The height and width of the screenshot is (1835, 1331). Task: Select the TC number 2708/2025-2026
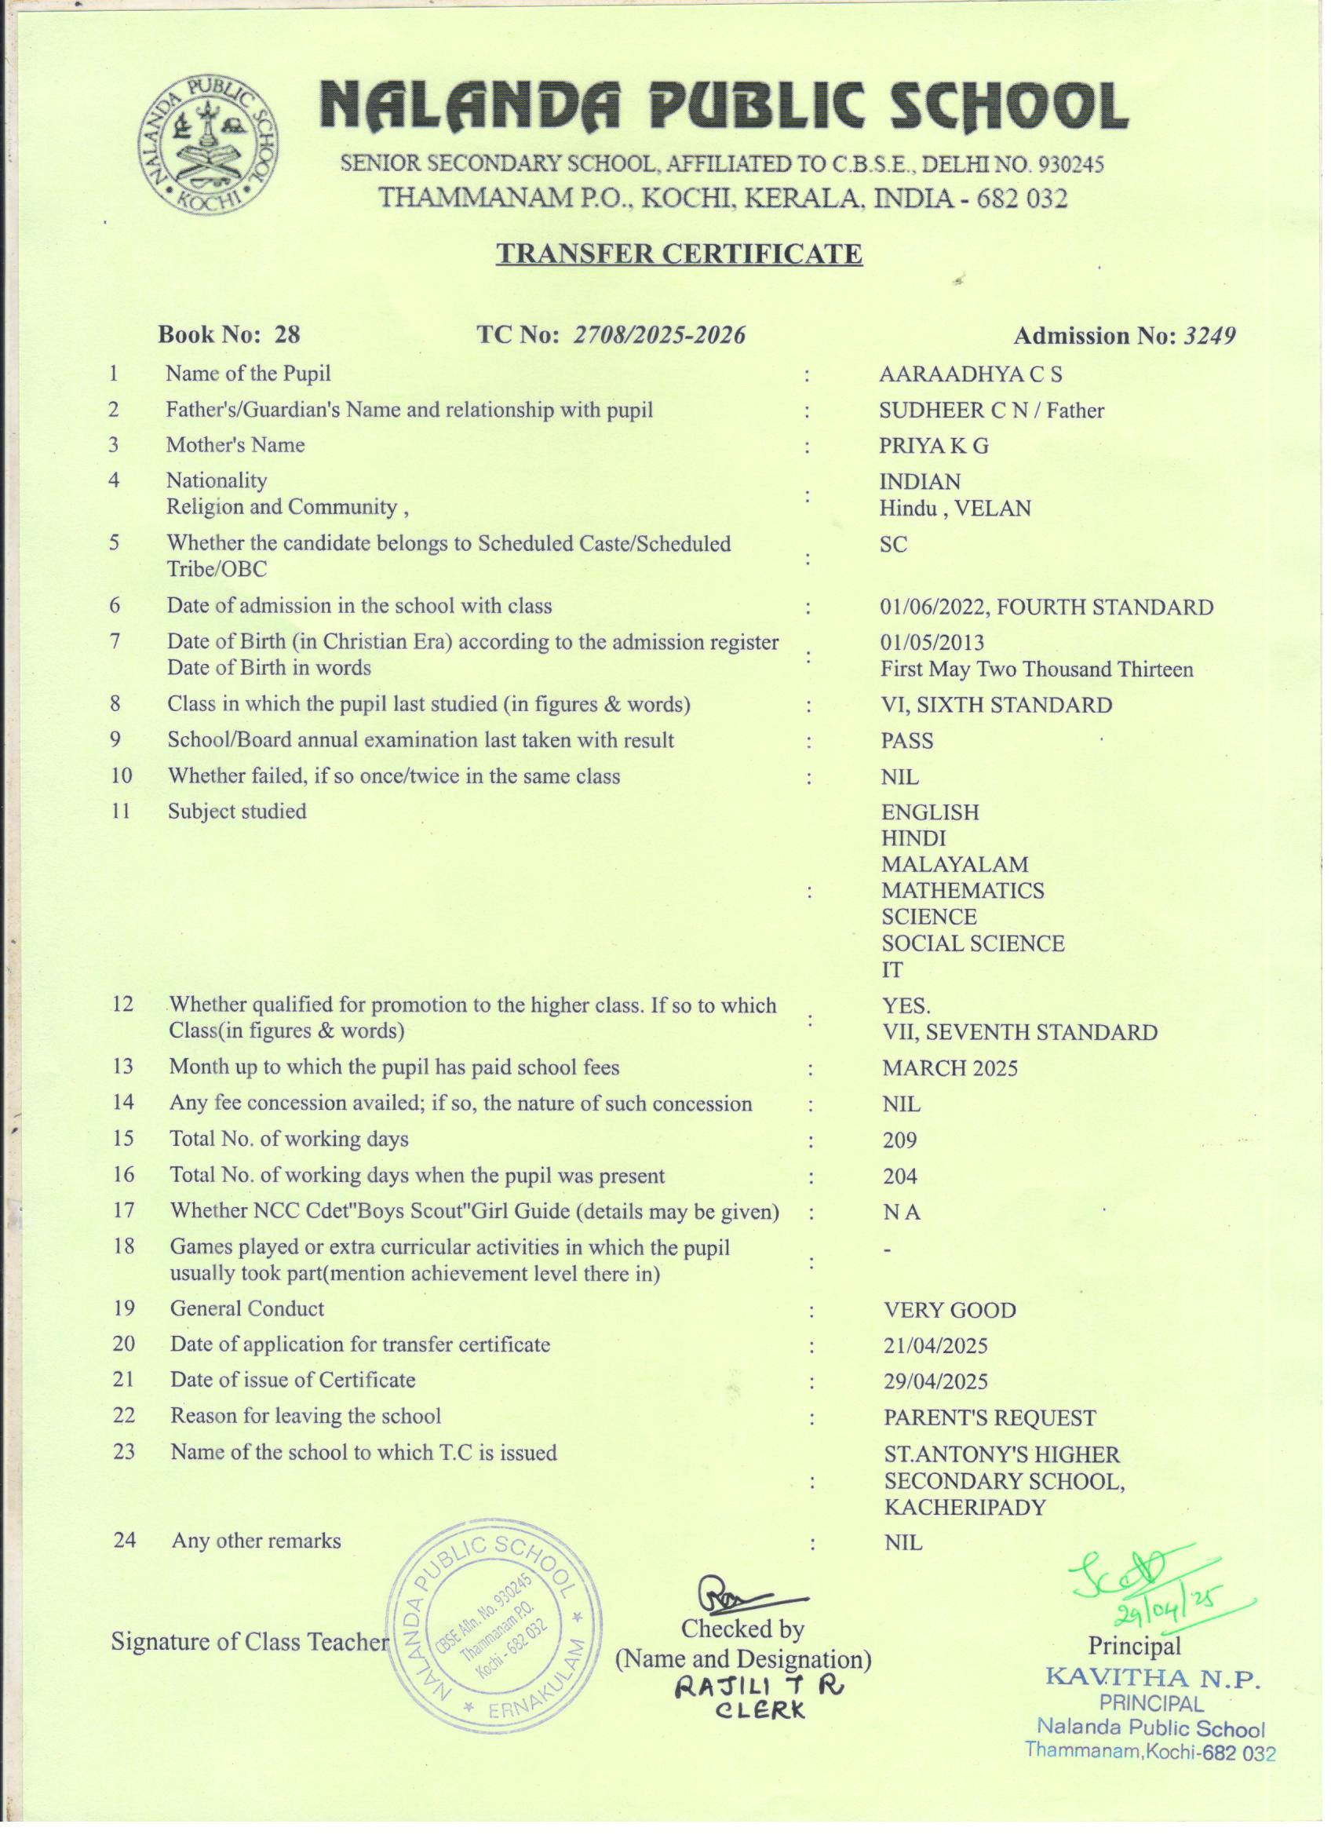coord(658,335)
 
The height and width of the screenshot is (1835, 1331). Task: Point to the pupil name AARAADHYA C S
coord(970,374)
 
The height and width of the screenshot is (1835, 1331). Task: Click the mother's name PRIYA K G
coord(934,446)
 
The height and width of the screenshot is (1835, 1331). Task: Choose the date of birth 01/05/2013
coord(932,644)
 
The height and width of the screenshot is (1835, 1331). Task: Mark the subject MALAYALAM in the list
coord(954,865)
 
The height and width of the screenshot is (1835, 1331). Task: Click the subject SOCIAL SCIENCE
coord(972,943)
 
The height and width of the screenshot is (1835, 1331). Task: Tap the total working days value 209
coord(899,1141)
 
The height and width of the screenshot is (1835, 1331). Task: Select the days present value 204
coord(899,1177)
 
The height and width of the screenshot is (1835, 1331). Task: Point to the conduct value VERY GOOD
coord(949,1310)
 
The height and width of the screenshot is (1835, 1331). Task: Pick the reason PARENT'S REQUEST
coord(989,1417)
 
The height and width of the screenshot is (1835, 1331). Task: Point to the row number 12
coord(123,1004)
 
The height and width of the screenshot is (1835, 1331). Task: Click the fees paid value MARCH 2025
coord(949,1069)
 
